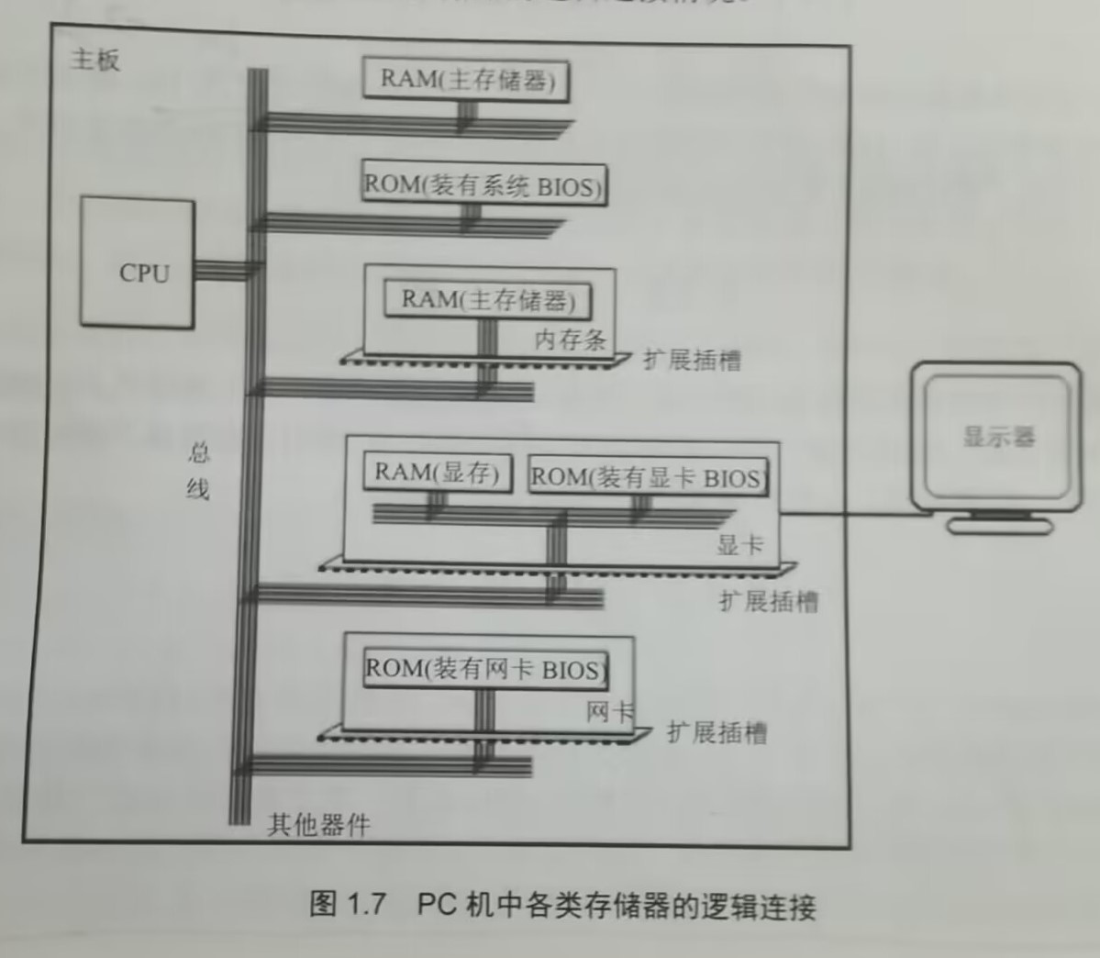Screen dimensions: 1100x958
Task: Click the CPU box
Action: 138,262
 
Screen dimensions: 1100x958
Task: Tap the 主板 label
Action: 95,61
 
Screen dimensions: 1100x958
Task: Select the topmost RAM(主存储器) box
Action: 466,79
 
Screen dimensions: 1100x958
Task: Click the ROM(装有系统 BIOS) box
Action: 483,185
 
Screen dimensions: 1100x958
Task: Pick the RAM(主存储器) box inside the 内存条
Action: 487,300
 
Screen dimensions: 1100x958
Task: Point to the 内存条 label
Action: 570,340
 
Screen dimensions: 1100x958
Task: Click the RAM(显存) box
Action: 437,473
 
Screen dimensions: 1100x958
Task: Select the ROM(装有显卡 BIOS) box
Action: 647,477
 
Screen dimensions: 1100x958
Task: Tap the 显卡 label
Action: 739,545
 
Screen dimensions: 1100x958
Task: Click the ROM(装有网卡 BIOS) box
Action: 485,668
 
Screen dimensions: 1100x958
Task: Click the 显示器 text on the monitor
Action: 999,436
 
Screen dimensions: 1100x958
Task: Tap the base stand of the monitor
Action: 999,526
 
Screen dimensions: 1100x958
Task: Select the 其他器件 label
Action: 318,825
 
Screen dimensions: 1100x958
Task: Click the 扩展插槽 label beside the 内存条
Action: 692,360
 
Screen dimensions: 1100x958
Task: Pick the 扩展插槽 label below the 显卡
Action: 769,602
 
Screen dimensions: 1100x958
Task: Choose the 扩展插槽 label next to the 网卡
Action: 717,732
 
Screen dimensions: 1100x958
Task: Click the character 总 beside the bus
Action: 199,451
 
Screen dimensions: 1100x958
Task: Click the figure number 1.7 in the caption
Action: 366,905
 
